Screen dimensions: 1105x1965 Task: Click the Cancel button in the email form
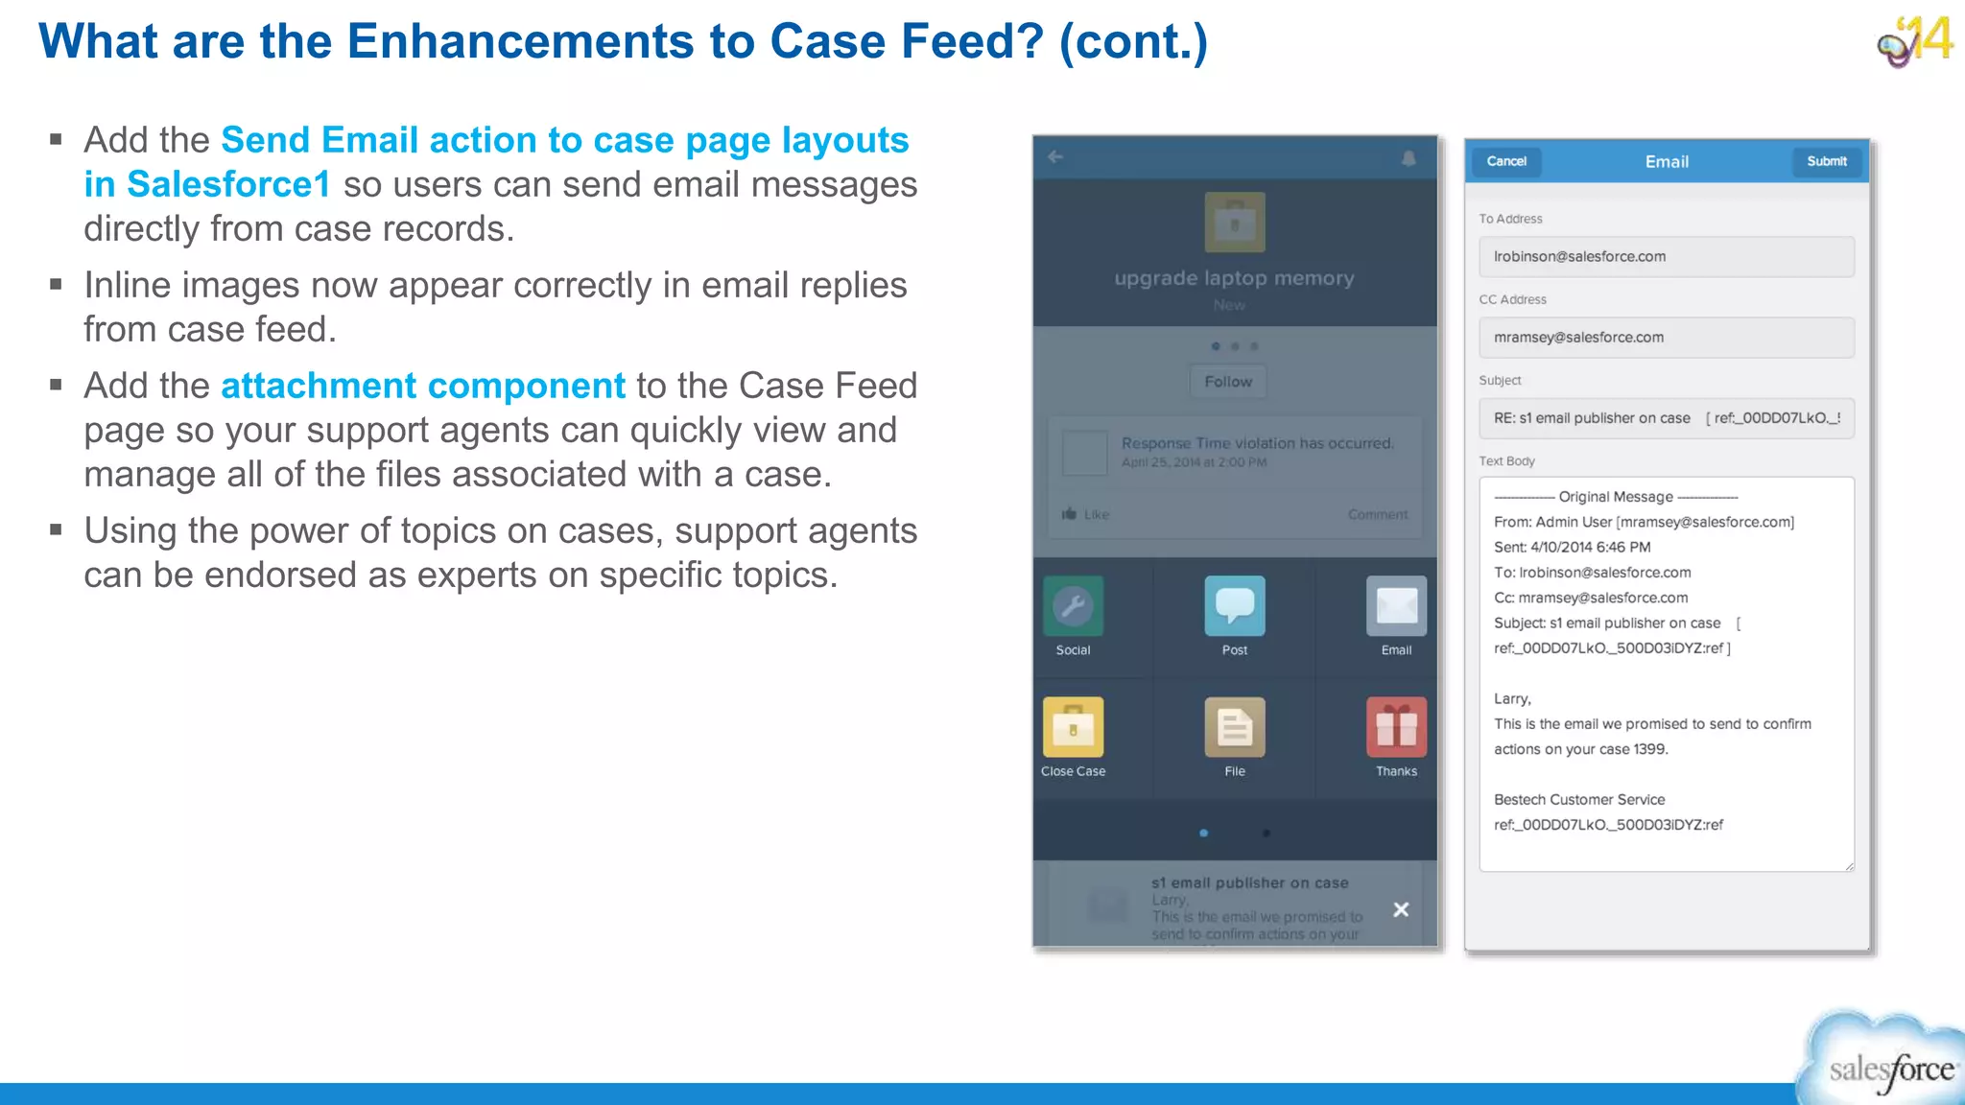pyautogui.click(x=1505, y=161)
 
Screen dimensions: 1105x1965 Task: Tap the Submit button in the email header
pyautogui.click(x=1826, y=161)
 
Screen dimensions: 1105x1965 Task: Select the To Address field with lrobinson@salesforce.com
pyautogui.click(x=1666, y=257)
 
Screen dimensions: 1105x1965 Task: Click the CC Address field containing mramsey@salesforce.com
pyautogui.click(x=1666, y=338)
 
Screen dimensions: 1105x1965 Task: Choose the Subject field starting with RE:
pyautogui.click(x=1666, y=418)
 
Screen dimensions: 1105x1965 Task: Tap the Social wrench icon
pyautogui.click(x=1073, y=606)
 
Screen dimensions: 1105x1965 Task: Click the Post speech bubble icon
pyautogui.click(x=1234, y=606)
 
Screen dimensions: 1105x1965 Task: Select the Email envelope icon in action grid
pyautogui.click(x=1396, y=606)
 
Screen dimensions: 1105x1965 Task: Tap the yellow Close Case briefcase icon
pyautogui.click(x=1073, y=727)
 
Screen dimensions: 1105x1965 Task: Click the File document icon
pyautogui.click(x=1234, y=727)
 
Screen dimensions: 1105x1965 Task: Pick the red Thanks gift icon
pyautogui.click(x=1396, y=727)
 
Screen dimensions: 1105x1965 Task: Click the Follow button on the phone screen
pyautogui.click(x=1228, y=382)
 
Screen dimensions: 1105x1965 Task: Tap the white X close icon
pyautogui.click(x=1401, y=909)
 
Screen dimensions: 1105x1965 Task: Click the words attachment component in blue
pyautogui.click(x=422, y=386)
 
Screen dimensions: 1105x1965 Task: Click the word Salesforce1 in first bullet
pyautogui.click(x=228, y=184)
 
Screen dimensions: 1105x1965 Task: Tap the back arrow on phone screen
pyautogui.click(x=1055, y=157)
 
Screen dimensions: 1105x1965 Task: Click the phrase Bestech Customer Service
pyautogui.click(x=1578, y=800)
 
